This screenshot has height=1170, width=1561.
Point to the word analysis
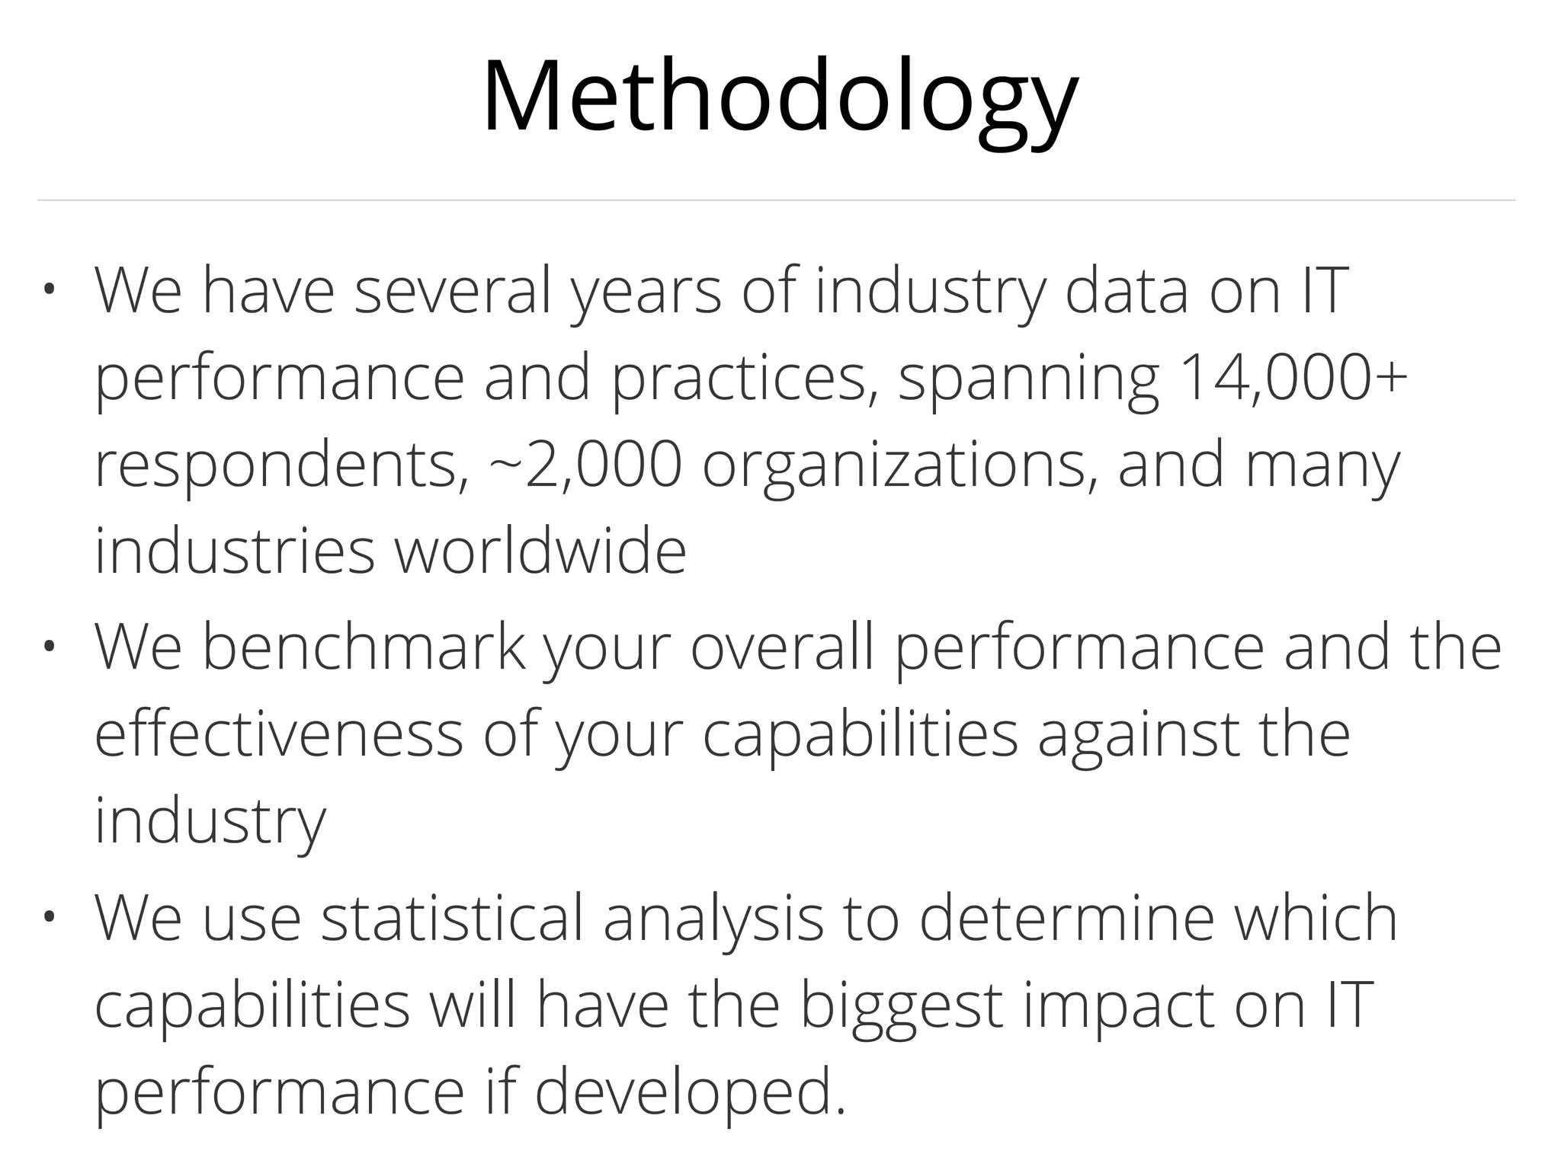click(x=713, y=919)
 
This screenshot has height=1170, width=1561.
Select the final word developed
click(x=691, y=1093)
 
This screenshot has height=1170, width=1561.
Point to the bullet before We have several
click(x=50, y=290)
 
